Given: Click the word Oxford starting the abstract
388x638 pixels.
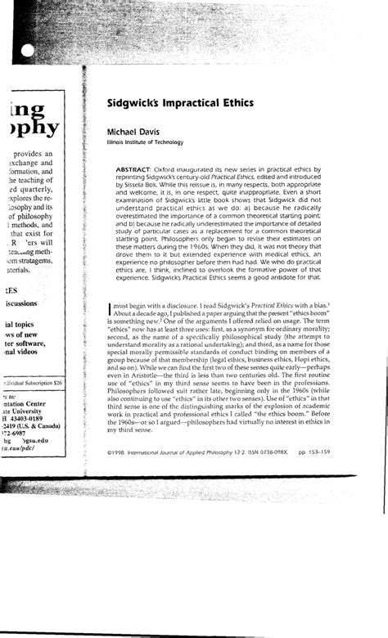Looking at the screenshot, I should [x=185, y=167].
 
